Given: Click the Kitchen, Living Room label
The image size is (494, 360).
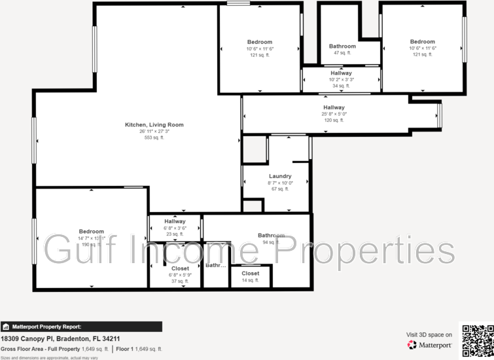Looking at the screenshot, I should coord(154,124).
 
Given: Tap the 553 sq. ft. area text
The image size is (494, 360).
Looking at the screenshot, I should coord(154,137).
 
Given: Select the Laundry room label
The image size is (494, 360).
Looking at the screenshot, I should coord(280,176).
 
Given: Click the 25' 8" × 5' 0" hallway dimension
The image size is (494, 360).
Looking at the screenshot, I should coord(334,114).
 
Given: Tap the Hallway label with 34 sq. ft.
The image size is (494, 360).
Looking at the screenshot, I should coord(341,73).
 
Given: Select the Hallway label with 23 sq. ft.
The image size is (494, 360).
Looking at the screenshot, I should coord(175,221).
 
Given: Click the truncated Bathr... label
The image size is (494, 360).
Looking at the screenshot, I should coord(216,266).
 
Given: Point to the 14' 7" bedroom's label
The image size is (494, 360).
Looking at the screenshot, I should coord(92,231).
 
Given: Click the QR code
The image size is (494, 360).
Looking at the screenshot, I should coord(478,339).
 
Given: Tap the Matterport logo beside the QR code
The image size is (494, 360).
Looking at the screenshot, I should coord(430,345).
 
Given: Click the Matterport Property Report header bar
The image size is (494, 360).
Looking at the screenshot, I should coord(81,327).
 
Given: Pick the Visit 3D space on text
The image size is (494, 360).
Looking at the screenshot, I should coord(429,334).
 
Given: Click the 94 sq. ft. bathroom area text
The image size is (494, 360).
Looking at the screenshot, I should coord(271,242).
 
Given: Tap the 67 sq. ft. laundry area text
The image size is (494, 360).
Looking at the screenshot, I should coord(280,189).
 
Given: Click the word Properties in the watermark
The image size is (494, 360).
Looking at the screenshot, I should coord(370,250).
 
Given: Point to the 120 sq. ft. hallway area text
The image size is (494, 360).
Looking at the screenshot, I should coord(334,120).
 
